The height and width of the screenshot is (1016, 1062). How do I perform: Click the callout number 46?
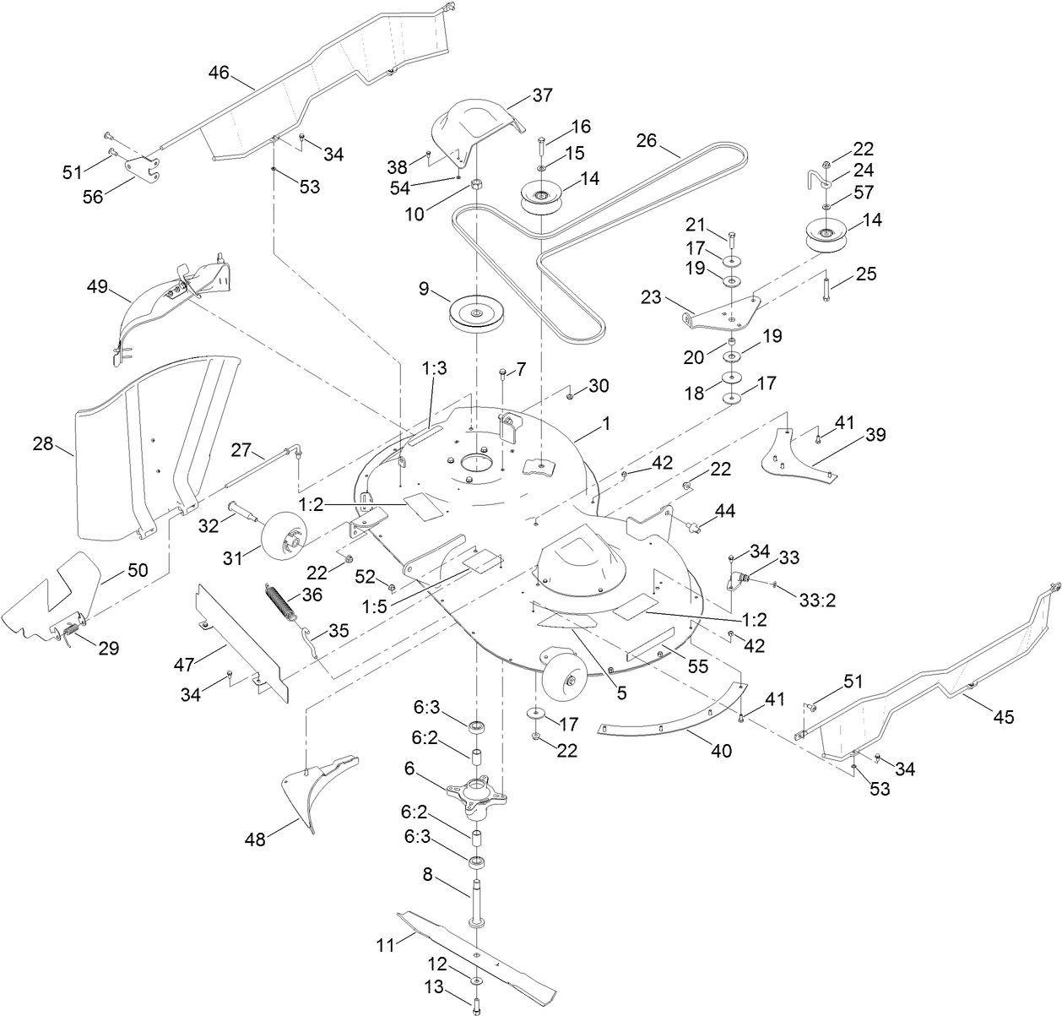(219, 73)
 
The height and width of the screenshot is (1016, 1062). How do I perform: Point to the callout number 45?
(1004, 717)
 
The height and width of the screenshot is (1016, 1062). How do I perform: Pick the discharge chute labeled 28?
(152, 448)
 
